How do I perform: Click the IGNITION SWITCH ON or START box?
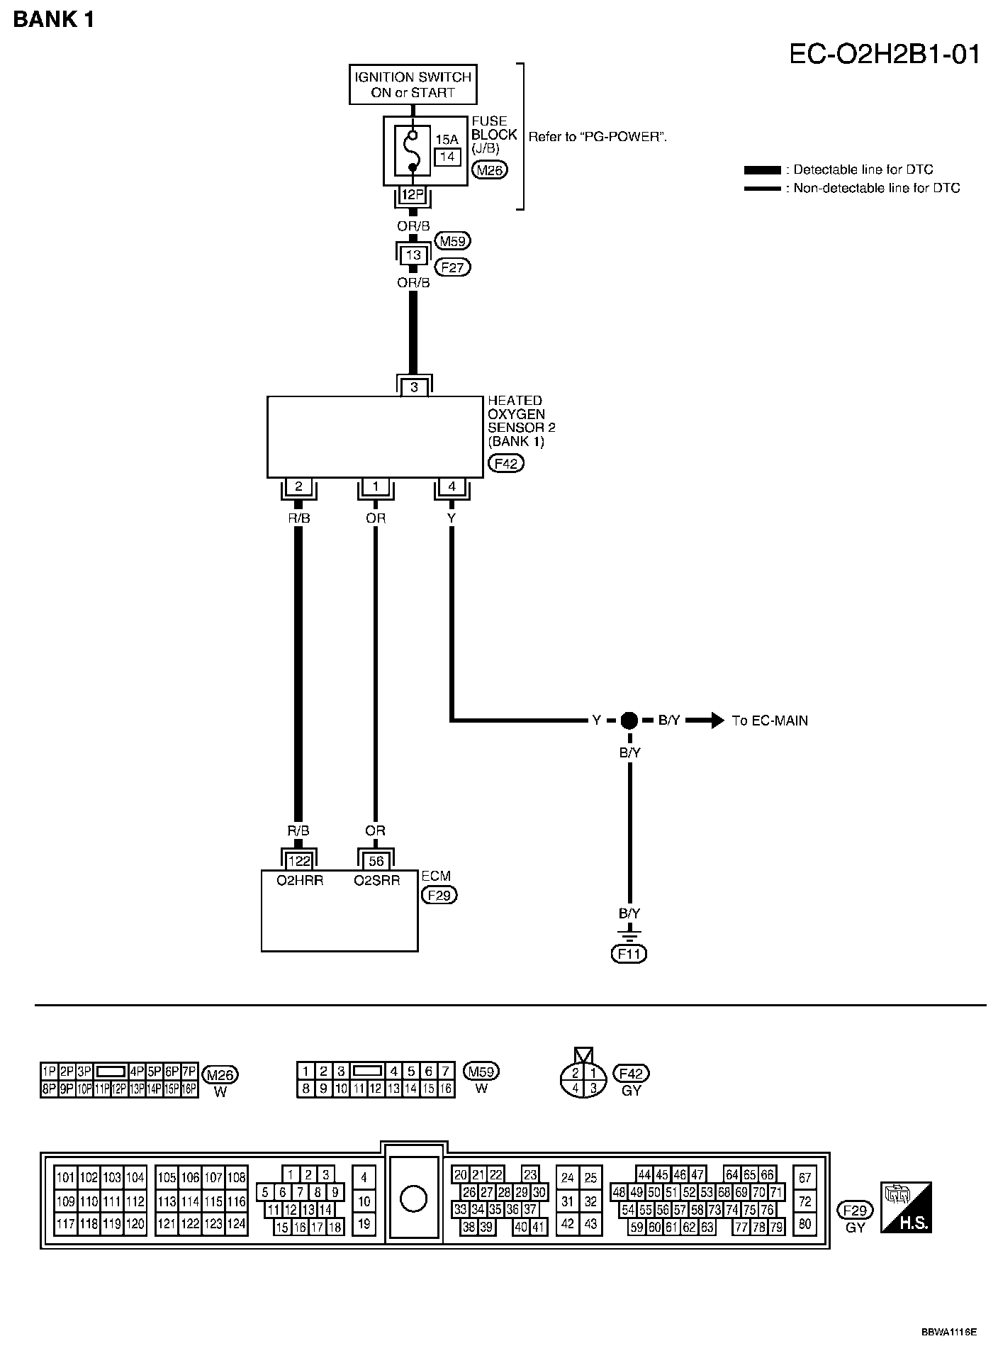pos(413,84)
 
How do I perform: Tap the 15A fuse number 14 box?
pos(447,157)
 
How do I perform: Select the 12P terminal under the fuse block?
pos(413,194)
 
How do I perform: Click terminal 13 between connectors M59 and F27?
pos(413,255)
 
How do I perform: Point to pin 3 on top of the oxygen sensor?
pos(414,387)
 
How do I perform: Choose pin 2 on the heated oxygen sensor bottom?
pos(298,486)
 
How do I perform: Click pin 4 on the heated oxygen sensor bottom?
pos(452,486)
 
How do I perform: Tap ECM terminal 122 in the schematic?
pos(298,861)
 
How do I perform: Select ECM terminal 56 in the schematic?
pos(376,861)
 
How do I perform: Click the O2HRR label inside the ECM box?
pos(300,880)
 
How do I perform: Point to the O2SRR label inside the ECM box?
pos(376,880)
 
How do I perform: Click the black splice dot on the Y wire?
pos(629,721)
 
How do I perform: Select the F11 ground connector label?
pos(629,954)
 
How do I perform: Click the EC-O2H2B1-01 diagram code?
pos(885,54)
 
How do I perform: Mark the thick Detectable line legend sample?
pos(762,170)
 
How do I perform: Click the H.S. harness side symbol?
pos(905,1207)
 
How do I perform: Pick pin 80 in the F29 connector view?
pos(804,1223)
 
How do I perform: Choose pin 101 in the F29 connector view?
pos(65,1178)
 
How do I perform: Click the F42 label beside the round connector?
pos(631,1073)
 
